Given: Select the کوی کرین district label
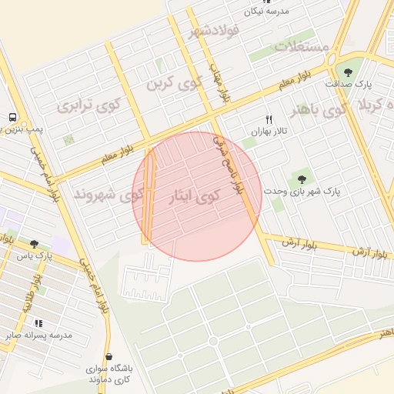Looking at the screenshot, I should (167, 82).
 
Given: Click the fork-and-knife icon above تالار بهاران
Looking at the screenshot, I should (269, 120).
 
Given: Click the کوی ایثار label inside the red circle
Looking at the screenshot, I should (195, 197).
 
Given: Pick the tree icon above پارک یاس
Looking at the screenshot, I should (33, 244).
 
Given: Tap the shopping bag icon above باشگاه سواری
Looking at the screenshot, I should (109, 357).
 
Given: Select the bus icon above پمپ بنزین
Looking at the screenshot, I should (13, 118).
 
